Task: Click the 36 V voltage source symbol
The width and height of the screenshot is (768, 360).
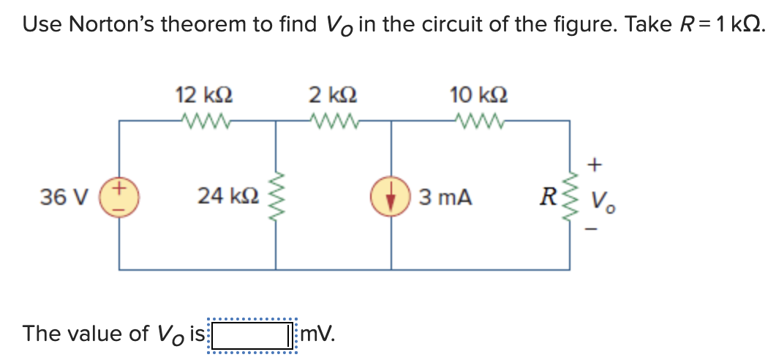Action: coord(119,196)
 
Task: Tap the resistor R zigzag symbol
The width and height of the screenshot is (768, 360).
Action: coord(571,196)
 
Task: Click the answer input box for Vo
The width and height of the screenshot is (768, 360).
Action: coord(251,334)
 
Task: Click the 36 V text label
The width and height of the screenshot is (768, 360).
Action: coord(65,197)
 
